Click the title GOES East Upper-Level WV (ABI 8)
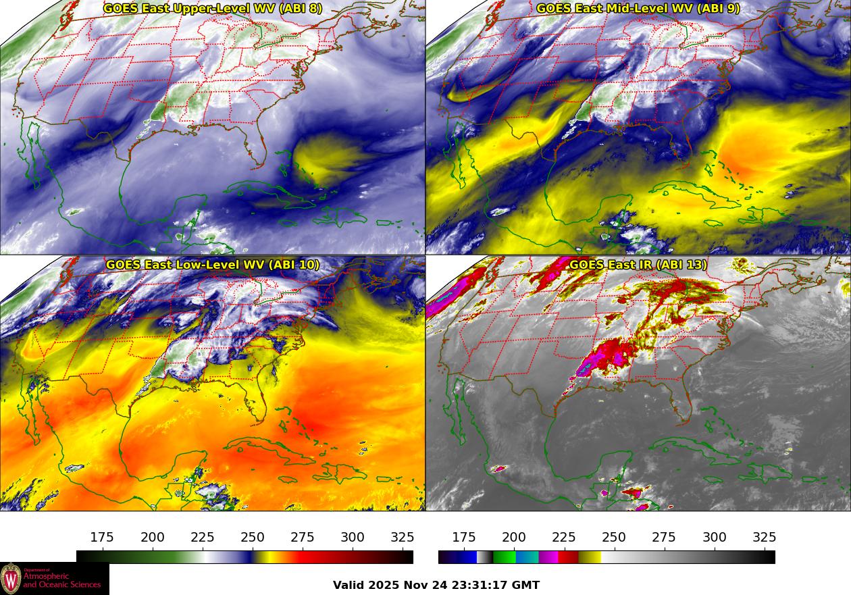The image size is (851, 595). click(x=213, y=9)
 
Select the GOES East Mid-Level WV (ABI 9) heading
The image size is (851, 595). click(x=638, y=9)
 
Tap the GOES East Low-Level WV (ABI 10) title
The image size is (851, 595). click(x=213, y=265)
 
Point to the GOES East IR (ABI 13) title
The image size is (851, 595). click(x=638, y=265)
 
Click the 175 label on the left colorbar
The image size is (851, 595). click(x=102, y=538)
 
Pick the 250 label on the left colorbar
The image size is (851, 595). click(x=253, y=538)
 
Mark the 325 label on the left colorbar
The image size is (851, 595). click(x=403, y=538)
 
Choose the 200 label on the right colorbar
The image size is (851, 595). click(x=514, y=538)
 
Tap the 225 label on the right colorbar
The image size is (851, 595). click(x=564, y=538)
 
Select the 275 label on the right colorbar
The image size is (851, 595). click(x=664, y=538)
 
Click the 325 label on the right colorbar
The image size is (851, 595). click(x=764, y=538)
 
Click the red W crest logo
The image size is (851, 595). click(x=11, y=579)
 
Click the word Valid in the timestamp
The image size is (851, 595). click(x=349, y=586)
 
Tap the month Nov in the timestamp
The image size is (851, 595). click(x=415, y=586)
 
